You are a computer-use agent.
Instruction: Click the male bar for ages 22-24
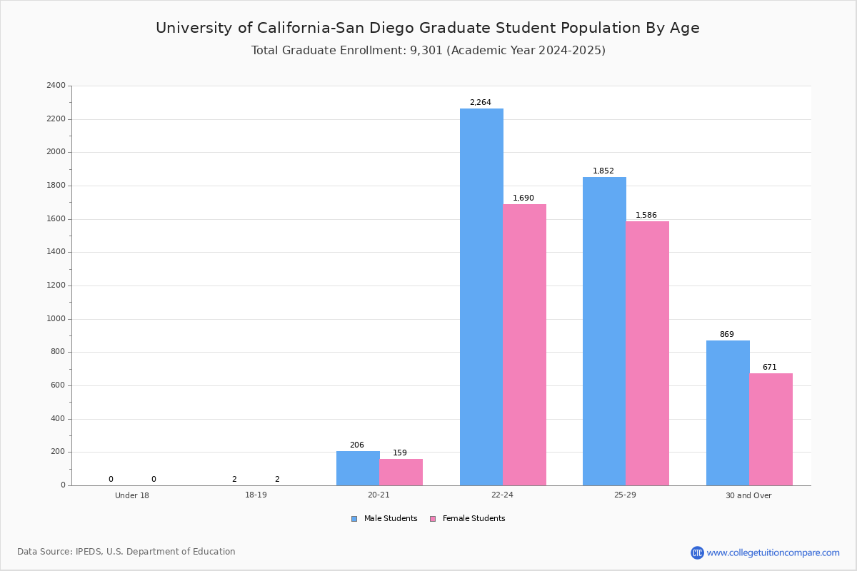(481, 297)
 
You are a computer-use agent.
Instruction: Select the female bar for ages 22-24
(524, 345)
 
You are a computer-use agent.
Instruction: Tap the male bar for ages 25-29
(604, 331)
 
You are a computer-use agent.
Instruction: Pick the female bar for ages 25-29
(647, 353)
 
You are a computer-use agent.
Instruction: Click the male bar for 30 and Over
(728, 413)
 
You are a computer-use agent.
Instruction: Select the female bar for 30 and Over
(771, 429)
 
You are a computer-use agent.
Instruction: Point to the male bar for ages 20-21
(358, 468)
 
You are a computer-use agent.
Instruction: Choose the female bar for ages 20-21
(401, 472)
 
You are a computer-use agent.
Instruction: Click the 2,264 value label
(480, 103)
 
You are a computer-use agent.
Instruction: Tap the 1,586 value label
(646, 216)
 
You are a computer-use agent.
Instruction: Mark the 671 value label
(769, 368)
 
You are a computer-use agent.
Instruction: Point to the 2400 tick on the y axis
(56, 86)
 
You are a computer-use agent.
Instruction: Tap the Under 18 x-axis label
(132, 495)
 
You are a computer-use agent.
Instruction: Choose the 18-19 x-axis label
(256, 495)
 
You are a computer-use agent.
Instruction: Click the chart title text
(428, 28)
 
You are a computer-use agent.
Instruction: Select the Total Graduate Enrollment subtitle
(428, 51)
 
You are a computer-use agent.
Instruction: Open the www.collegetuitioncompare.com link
(773, 552)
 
